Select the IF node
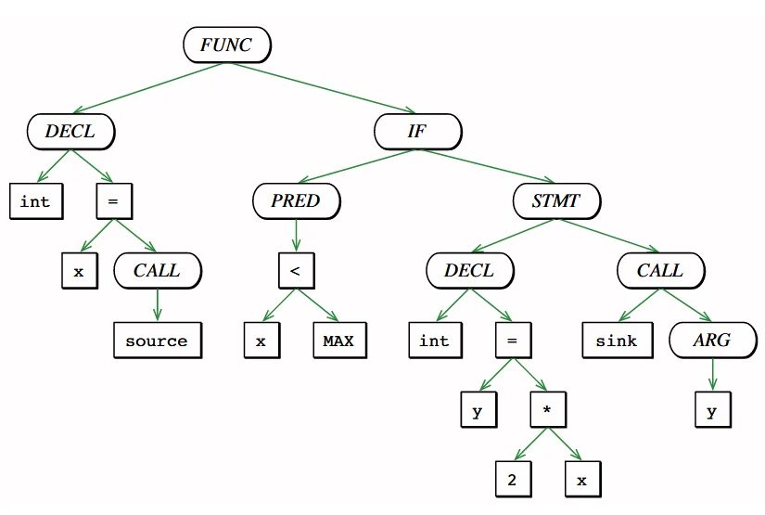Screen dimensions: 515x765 pos(416,131)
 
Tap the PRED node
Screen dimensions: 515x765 pos(296,200)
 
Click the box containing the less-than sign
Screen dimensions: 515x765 pos(296,271)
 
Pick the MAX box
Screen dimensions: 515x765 pos(338,341)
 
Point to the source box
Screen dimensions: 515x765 pos(157,341)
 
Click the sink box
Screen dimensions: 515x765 pos(617,341)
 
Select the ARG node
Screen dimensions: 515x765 pos(711,341)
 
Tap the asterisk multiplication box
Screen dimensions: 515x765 pos(548,410)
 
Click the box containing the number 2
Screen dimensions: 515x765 pos(512,480)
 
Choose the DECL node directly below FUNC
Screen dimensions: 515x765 pos(71,131)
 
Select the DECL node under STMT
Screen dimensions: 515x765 pos(470,271)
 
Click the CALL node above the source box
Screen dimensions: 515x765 pos(158,271)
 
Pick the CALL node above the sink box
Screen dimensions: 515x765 pos(660,271)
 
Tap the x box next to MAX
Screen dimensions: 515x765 pos(261,341)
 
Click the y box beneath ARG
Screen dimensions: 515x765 pos(711,410)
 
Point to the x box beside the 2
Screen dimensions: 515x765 pos(582,480)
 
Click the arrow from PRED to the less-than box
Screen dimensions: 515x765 pos(296,234)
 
